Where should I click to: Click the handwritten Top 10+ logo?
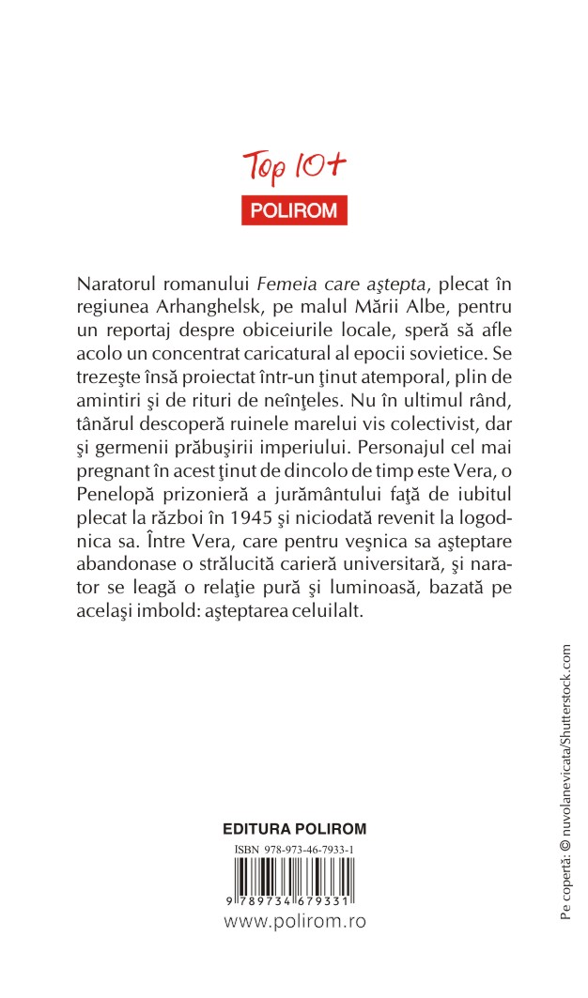(x=295, y=168)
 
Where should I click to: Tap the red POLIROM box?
(x=295, y=210)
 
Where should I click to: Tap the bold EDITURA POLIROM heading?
(x=294, y=829)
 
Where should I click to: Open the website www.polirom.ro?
(x=294, y=922)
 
